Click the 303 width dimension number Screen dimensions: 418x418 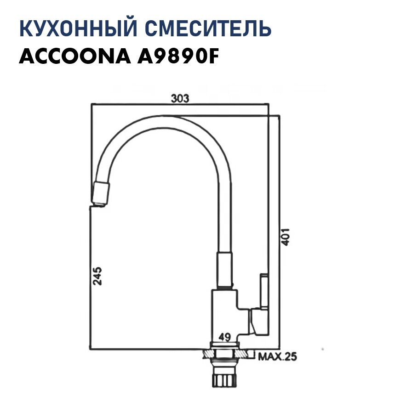180,98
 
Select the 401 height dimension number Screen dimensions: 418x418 286,237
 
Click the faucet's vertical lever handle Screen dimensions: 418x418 264,292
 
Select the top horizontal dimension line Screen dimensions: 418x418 180,105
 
